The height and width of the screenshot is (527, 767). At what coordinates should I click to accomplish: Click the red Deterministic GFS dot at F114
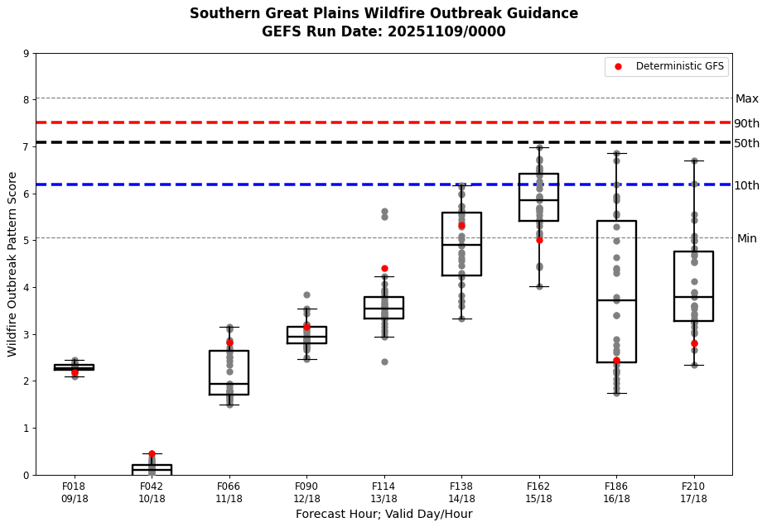pyautogui.click(x=384, y=268)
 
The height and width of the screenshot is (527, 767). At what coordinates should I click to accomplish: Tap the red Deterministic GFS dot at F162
pyautogui.click(x=539, y=240)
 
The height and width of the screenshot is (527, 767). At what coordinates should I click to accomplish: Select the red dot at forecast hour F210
pyautogui.click(x=694, y=343)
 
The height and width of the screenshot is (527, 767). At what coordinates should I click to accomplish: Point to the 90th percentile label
pyautogui.click(x=746, y=123)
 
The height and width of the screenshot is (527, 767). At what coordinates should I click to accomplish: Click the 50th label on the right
pyautogui.click(x=746, y=143)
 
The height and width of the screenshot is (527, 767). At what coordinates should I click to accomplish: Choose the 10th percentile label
pyautogui.click(x=746, y=185)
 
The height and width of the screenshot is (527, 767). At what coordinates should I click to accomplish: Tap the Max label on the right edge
pyautogui.click(x=746, y=98)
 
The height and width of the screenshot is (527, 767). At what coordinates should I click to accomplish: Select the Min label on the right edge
pyautogui.click(x=746, y=238)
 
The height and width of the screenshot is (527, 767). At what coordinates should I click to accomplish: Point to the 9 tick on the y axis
pyautogui.click(x=27, y=54)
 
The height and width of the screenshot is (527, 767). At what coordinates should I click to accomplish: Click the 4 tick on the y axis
pyautogui.click(x=27, y=288)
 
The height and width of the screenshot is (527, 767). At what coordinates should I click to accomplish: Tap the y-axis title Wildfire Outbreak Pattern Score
pyautogui.click(x=12, y=264)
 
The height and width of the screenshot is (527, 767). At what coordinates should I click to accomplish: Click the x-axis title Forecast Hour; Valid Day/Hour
pyautogui.click(x=383, y=514)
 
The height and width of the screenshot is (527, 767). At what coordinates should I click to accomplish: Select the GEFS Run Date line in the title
pyautogui.click(x=383, y=31)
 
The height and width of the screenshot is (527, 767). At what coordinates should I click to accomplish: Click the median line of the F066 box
pyautogui.click(x=229, y=384)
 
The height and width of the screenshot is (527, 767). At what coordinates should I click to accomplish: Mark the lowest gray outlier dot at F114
pyautogui.click(x=384, y=362)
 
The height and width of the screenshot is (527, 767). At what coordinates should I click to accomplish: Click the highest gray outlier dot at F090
pyautogui.click(x=306, y=295)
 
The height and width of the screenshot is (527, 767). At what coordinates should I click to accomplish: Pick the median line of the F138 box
pyautogui.click(x=461, y=245)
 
